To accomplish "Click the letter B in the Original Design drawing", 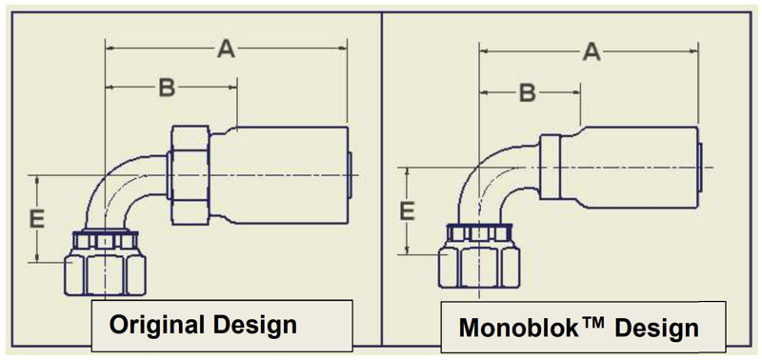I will point(167,89).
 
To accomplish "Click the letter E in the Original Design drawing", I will point(37,219).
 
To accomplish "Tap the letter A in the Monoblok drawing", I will point(592,52).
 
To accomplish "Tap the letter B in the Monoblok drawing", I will point(527,92).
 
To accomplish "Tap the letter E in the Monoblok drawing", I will point(407,210).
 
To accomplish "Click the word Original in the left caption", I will point(154,324).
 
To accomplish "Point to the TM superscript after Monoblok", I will point(591,321).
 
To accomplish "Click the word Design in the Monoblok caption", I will point(655,329).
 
